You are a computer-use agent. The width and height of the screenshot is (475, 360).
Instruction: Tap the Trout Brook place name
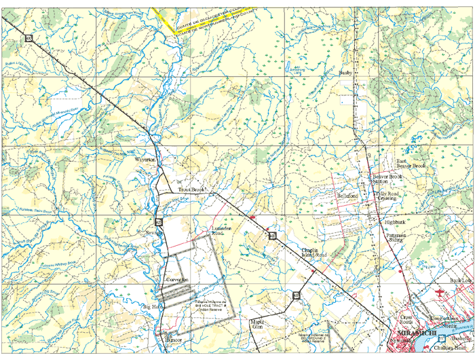click(x=191, y=190)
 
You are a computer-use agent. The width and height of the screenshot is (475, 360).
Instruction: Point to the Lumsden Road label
click(x=222, y=231)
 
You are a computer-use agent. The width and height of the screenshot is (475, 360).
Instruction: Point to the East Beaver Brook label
click(x=410, y=164)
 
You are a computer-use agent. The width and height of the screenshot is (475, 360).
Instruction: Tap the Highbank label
click(x=393, y=222)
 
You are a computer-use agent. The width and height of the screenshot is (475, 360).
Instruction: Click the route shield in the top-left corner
click(x=28, y=38)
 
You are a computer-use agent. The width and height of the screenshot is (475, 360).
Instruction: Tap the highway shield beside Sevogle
click(x=158, y=222)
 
